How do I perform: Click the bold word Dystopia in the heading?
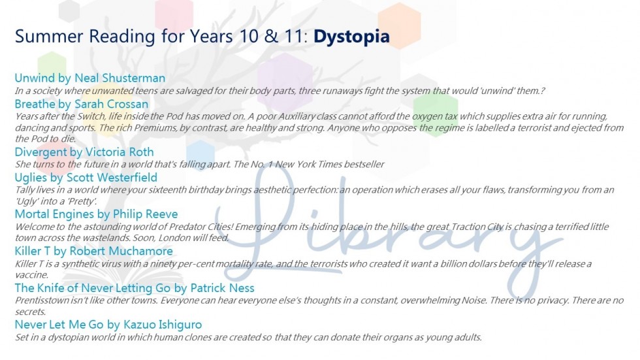click(351, 37)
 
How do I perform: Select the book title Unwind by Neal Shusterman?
click(90, 78)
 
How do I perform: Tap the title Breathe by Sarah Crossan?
click(82, 104)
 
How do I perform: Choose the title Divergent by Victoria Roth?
click(84, 152)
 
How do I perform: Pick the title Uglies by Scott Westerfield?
click(86, 178)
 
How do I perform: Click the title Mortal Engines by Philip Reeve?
click(97, 214)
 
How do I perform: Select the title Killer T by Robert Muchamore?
click(94, 251)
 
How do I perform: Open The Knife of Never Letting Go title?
click(135, 288)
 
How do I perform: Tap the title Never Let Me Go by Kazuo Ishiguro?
click(108, 325)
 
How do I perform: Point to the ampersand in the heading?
click(271, 37)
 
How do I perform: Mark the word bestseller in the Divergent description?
click(364, 165)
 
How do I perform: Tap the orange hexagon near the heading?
click(399, 25)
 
